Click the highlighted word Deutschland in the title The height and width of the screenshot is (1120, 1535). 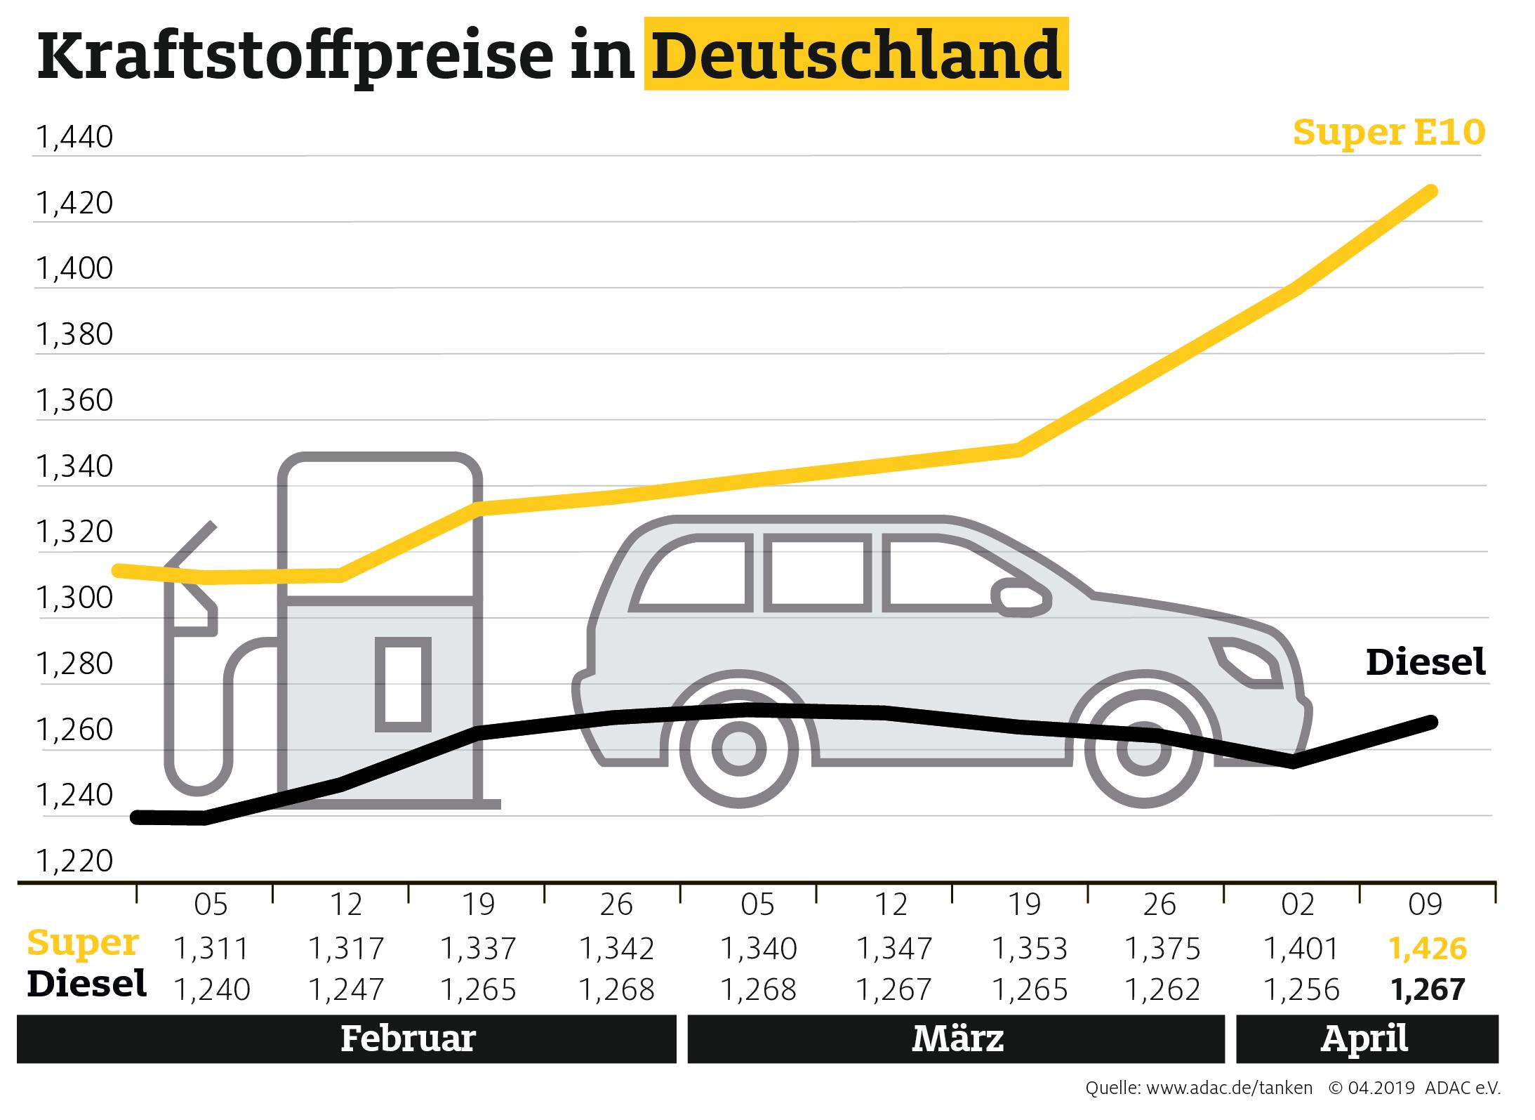(856, 55)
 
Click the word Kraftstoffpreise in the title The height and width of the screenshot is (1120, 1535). (295, 56)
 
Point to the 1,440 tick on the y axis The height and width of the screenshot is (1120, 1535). (74, 138)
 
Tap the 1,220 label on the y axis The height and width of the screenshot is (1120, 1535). (74, 861)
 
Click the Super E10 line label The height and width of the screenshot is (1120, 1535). (1388, 132)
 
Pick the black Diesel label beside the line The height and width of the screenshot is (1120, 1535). (1426, 662)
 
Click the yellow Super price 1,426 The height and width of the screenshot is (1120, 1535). (1428, 949)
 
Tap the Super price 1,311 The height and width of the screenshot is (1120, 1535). (211, 949)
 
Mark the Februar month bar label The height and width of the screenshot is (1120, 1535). (408, 1039)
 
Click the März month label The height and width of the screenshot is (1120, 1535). (957, 1039)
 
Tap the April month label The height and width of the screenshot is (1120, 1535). (1364, 1039)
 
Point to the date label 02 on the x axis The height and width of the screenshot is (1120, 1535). (1297, 905)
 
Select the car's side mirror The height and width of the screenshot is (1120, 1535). (1022, 598)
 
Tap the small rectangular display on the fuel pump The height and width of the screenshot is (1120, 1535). (403, 685)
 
